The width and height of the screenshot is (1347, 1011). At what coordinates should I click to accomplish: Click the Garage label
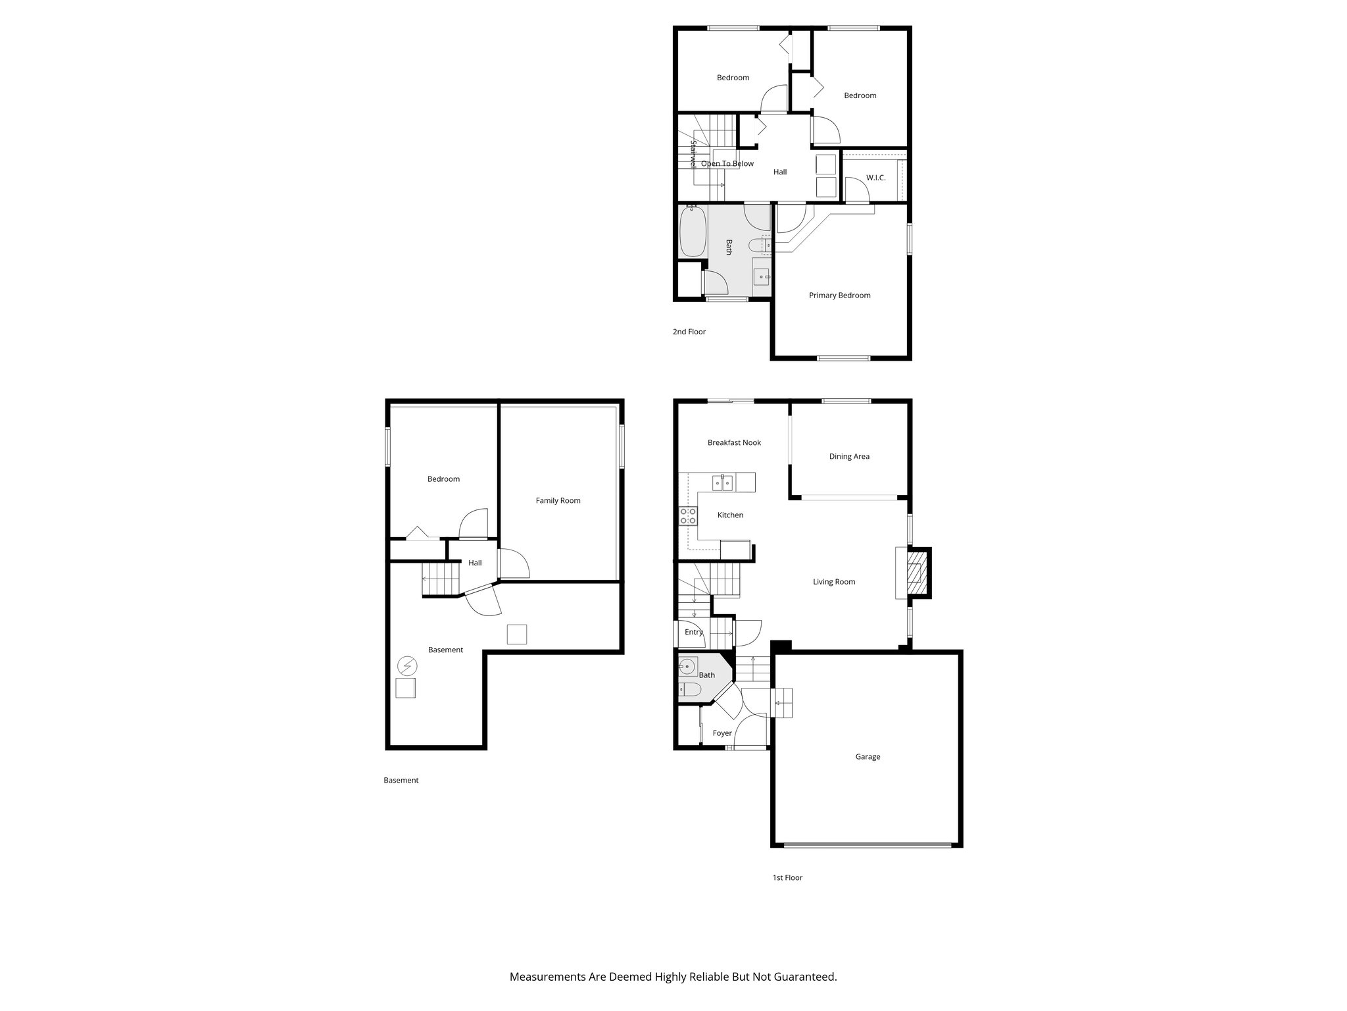click(x=868, y=757)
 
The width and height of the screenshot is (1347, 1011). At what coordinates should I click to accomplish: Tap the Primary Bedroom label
click(x=839, y=296)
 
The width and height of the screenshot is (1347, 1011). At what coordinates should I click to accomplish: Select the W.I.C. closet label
click(x=875, y=178)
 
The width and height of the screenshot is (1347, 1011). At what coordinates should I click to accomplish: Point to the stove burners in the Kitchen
click(x=688, y=516)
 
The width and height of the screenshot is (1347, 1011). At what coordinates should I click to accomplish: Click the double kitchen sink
click(x=723, y=483)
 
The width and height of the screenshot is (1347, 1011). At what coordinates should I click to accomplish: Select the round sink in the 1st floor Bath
click(x=687, y=667)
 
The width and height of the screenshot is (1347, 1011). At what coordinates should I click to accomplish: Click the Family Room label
click(x=558, y=501)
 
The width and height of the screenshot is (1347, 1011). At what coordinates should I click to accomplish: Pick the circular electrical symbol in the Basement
click(x=406, y=666)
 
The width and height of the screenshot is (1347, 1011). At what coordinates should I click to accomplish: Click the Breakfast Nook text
click(x=734, y=443)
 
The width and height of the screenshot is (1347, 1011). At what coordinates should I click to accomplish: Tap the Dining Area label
click(x=849, y=457)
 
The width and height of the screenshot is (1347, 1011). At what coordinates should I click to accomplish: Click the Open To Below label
click(x=727, y=164)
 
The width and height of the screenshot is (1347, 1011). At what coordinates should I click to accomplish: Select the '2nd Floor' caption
click(x=689, y=332)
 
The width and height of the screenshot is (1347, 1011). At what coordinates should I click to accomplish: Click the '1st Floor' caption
click(x=787, y=877)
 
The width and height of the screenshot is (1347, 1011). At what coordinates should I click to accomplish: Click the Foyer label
click(x=722, y=733)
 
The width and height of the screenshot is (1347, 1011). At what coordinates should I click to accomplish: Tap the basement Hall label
click(x=475, y=563)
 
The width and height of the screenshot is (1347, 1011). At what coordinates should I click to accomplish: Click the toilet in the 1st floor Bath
click(x=689, y=690)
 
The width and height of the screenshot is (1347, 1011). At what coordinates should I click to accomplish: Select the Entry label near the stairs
click(x=693, y=633)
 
